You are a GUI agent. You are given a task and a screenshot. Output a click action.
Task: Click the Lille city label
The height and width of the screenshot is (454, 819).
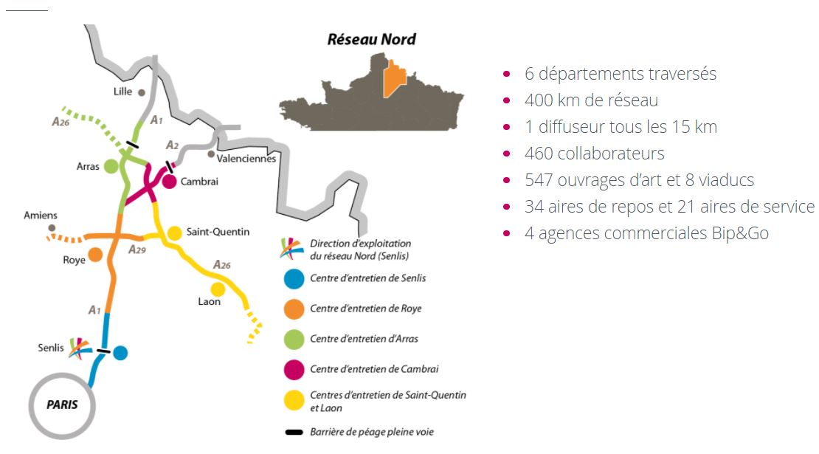click(122, 92)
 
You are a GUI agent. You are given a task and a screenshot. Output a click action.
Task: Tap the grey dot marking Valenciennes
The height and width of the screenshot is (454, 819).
click(211, 154)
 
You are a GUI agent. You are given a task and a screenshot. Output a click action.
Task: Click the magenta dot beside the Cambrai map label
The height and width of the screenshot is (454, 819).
click(169, 182)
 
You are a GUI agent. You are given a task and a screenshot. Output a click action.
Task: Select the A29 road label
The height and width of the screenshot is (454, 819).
click(137, 250)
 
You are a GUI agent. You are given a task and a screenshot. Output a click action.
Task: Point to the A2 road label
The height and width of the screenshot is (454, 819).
click(173, 145)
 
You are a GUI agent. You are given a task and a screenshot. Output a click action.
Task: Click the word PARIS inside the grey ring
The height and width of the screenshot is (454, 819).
click(62, 405)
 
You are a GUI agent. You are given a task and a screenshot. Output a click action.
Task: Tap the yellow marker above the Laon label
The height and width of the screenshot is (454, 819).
click(218, 289)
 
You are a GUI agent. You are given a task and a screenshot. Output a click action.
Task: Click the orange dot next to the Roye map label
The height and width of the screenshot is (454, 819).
click(95, 255)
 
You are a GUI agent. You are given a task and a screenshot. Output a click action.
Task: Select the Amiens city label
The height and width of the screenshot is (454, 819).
click(41, 216)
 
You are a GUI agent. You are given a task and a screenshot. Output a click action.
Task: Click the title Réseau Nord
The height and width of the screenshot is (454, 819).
click(371, 39)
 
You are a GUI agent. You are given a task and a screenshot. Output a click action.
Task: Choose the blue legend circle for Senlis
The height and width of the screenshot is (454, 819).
click(294, 279)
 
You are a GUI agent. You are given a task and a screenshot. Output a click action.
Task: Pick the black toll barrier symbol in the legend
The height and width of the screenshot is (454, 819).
click(294, 432)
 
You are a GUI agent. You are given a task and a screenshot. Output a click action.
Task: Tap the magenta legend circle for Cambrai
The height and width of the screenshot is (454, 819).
click(294, 370)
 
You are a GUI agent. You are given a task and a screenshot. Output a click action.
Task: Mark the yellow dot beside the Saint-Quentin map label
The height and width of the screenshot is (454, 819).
click(174, 233)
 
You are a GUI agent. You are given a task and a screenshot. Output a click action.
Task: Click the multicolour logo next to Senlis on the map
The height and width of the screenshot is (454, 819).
click(80, 348)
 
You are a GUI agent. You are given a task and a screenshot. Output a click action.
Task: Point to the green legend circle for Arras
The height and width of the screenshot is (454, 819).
click(294, 340)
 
